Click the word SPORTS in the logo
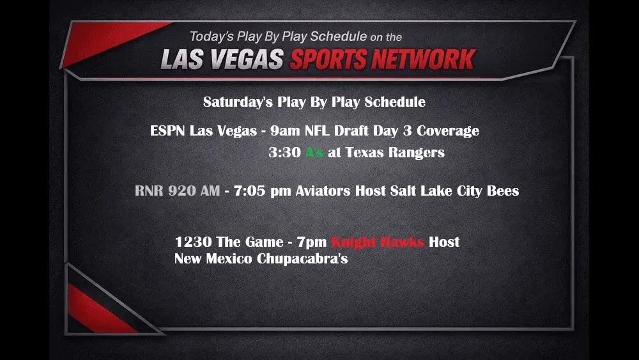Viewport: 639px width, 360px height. click(x=328, y=59)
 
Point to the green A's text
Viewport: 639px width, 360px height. click(x=314, y=153)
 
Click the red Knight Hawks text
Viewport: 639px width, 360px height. click(x=378, y=242)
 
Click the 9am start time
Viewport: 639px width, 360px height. click(x=283, y=131)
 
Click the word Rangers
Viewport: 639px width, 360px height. click(x=419, y=153)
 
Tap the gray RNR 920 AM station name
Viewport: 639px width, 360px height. click(x=177, y=191)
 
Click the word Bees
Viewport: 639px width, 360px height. click(x=503, y=191)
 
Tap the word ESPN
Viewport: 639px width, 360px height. click(x=167, y=131)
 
